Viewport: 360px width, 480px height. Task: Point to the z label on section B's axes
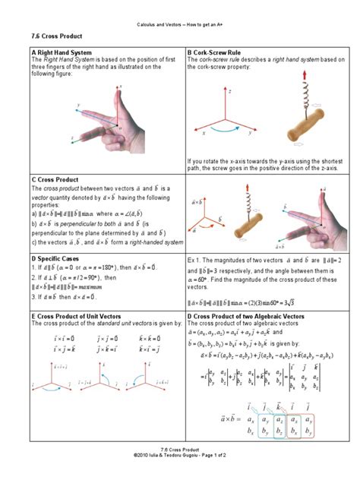(230, 90)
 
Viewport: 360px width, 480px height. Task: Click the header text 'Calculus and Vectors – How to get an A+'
(179, 16)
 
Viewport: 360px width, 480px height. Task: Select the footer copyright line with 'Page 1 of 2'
(179, 470)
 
